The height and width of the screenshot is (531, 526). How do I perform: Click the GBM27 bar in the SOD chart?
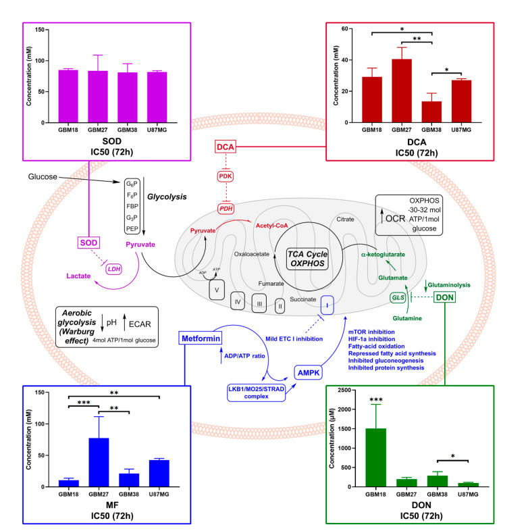click(98, 97)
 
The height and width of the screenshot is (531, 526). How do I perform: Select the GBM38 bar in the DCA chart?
click(431, 111)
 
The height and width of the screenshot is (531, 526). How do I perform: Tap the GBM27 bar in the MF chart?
click(99, 462)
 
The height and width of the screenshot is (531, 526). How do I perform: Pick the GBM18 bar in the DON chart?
click(375, 457)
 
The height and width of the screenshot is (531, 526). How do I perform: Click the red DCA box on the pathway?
click(226, 147)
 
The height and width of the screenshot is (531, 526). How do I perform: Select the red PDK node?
click(226, 176)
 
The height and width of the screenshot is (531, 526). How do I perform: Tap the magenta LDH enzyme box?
click(113, 270)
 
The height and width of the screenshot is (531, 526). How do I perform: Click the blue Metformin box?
click(201, 338)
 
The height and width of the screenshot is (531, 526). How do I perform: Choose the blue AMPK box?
click(309, 372)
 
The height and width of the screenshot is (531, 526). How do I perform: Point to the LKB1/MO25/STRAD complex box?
click(256, 393)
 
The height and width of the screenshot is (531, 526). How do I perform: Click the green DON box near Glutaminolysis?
click(444, 297)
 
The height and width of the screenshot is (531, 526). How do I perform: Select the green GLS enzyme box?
click(398, 298)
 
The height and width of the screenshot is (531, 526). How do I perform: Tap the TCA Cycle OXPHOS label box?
click(307, 259)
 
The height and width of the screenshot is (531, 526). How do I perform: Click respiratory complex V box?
click(217, 290)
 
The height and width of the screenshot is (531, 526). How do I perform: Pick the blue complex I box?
click(327, 305)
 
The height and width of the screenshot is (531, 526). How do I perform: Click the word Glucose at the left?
click(43, 176)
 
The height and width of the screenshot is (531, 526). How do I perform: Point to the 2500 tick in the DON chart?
click(344, 390)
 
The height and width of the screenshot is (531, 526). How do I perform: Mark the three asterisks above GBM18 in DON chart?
click(375, 400)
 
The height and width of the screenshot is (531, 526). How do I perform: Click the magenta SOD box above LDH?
click(88, 243)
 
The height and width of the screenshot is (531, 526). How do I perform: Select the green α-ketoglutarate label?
click(383, 254)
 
